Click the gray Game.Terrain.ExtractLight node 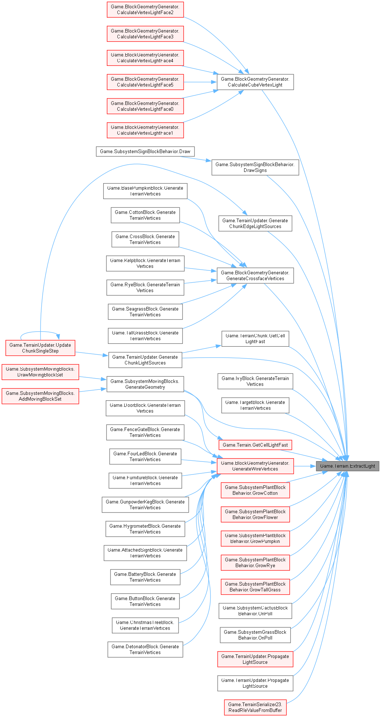(347, 466)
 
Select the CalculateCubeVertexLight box (255, 82)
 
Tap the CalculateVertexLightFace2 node (145, 10)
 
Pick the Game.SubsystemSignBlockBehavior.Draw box (145, 151)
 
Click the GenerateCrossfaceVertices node (255, 276)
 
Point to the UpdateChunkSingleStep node (40, 348)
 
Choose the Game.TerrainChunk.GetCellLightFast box (255, 339)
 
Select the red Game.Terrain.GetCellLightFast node (255, 445)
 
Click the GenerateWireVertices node (255, 466)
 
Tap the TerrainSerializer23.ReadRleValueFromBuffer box (255, 707)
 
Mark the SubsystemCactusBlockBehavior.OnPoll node (255, 611)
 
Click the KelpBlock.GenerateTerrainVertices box (145, 263)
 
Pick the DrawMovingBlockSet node (40, 372)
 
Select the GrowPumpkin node (255, 538)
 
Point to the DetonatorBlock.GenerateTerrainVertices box (145, 649)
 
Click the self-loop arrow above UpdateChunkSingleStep (40, 332)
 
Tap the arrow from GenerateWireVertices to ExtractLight (305, 466)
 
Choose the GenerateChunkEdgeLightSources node (255, 223)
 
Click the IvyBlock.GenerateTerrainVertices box (255, 381)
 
